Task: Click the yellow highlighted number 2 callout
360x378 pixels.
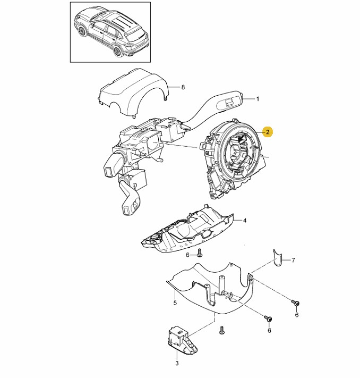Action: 268,131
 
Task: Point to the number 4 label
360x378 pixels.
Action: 245,220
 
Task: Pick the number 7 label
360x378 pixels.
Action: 293,260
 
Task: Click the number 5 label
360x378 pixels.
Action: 175,303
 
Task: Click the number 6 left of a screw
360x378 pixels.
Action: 187,255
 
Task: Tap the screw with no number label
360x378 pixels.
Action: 221,330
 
